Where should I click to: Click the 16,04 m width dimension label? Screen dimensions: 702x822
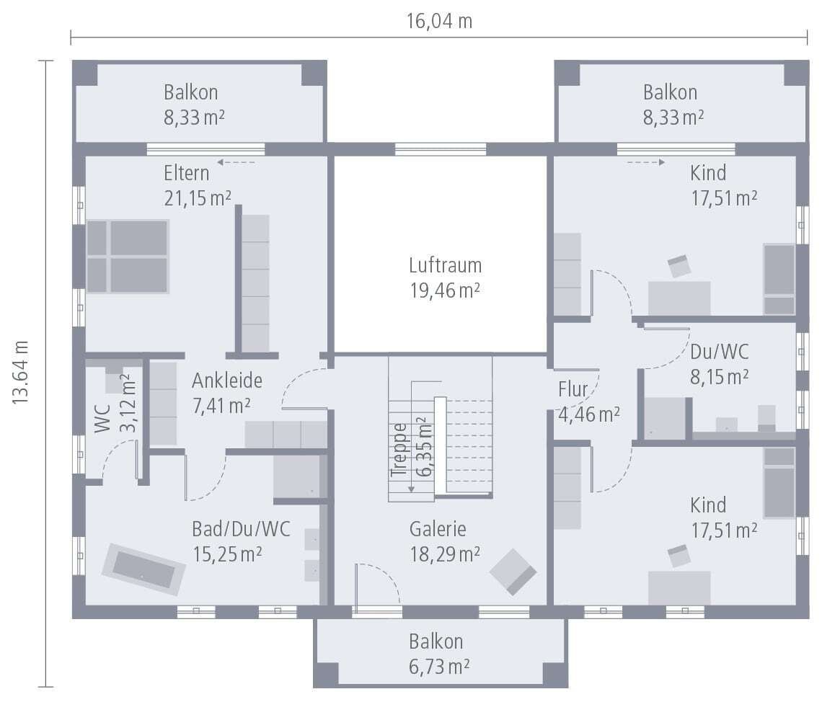point(439,21)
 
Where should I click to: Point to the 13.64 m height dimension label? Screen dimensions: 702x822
point(21,372)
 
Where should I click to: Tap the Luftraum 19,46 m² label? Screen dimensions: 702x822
point(445,277)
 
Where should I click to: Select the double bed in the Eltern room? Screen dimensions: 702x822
point(128,257)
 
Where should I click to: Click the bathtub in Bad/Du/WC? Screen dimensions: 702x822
point(143,569)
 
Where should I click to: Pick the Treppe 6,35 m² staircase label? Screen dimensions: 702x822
point(412,447)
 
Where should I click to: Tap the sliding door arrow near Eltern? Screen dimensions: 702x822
point(236,162)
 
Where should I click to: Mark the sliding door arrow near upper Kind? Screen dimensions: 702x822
point(646,162)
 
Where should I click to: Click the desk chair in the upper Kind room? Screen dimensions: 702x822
point(679,266)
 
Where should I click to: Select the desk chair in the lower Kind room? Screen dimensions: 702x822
point(679,555)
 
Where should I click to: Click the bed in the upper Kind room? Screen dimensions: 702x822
point(779,279)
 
